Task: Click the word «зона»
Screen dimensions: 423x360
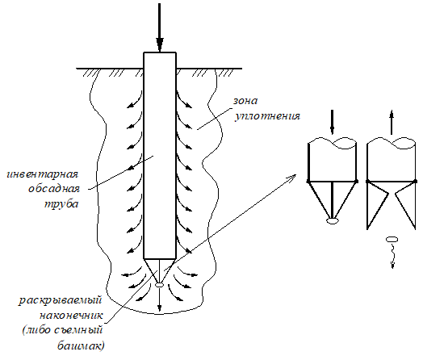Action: pos(245,101)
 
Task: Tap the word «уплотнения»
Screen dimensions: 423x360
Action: pos(267,116)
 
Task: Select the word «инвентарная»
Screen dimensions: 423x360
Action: pos(42,174)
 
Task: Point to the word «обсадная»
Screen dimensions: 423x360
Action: pos(54,189)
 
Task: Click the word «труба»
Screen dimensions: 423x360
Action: pos(61,204)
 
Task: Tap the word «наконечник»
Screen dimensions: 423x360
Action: pos(71,316)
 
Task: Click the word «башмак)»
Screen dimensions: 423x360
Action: pos(81,345)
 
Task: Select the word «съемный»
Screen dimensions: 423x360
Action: pos(79,330)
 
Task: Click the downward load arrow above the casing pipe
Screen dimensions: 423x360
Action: pos(160,27)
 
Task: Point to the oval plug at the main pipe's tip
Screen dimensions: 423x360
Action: pos(160,284)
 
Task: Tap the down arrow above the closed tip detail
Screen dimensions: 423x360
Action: pos(332,122)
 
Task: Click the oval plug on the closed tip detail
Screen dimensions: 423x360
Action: pos(332,221)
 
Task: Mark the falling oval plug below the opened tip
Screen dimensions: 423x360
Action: pos(392,239)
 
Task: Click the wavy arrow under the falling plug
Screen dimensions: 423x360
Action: pos(392,256)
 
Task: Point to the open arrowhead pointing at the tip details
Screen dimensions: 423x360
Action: pos(292,178)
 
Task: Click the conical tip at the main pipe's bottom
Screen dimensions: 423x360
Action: pos(160,270)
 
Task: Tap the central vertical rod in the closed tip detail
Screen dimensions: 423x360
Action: pos(332,200)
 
